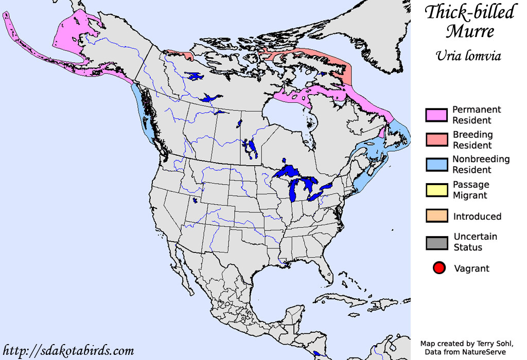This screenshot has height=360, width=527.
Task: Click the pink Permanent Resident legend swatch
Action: click(436, 115)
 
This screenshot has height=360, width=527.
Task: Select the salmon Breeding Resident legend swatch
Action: click(436, 140)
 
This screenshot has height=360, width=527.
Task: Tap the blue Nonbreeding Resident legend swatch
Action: click(436, 165)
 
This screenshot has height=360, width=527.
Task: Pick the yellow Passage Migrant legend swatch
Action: click(436, 190)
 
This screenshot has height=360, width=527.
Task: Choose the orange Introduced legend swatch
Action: click(436, 216)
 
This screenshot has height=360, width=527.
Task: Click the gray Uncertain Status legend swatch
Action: click(436, 242)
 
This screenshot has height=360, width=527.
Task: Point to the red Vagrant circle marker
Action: click(438, 268)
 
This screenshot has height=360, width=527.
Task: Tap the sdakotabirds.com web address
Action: click(68, 351)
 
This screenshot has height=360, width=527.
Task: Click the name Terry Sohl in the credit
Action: click(491, 344)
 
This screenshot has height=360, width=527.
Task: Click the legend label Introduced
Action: click(477, 217)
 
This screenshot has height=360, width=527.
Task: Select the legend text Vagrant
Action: click(471, 268)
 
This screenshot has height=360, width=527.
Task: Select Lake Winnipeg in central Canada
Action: click(251, 148)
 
